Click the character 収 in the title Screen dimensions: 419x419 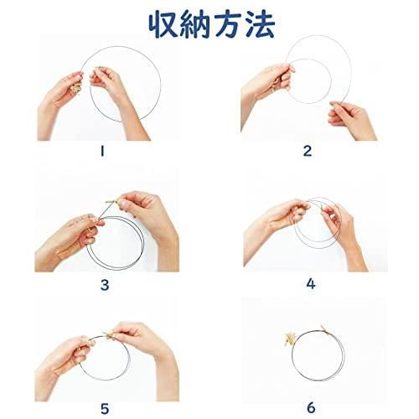(163, 24)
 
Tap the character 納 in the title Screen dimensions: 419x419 (194, 24)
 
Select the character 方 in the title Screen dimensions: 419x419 (227, 24)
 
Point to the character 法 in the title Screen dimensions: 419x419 (259, 24)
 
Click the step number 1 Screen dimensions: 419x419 (102, 151)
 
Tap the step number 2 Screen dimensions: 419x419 (308, 151)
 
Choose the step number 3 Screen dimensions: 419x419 (105, 285)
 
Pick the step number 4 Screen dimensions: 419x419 (311, 284)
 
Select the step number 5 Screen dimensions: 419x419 (105, 409)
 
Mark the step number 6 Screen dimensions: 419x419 (311, 408)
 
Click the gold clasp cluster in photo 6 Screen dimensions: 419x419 (289, 339)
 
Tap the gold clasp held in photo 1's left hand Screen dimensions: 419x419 (76, 87)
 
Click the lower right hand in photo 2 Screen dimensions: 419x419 (353, 121)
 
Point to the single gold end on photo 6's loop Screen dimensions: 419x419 (323, 328)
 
